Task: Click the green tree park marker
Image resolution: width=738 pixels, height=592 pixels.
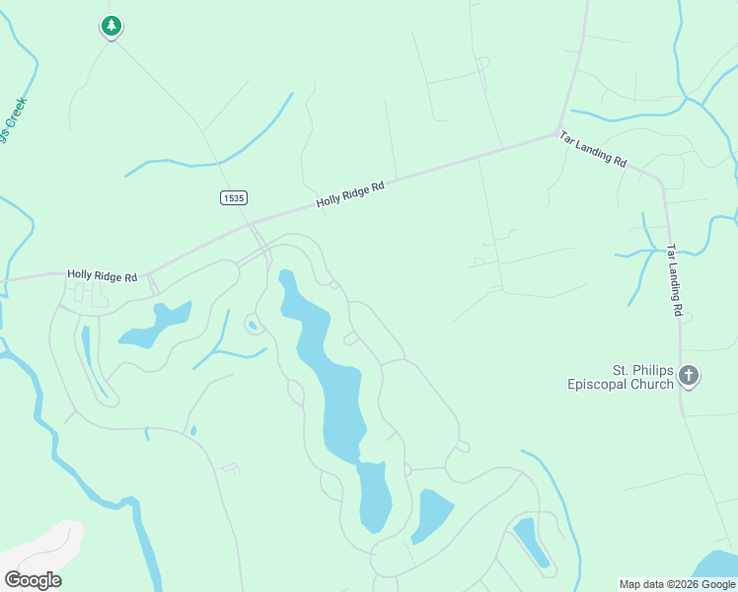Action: [x=111, y=26]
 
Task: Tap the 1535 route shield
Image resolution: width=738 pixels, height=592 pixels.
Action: [x=232, y=198]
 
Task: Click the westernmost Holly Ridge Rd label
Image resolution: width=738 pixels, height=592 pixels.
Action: [x=102, y=276]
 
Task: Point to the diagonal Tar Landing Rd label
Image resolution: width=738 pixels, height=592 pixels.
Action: [x=592, y=148]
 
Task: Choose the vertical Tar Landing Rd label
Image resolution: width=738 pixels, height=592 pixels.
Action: [x=674, y=280]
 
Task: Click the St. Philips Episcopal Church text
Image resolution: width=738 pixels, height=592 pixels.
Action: [x=621, y=377]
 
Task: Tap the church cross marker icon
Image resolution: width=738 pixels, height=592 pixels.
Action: [x=689, y=376]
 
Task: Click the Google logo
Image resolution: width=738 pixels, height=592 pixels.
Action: [x=33, y=580]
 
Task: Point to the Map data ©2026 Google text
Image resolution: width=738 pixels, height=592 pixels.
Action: [x=677, y=584]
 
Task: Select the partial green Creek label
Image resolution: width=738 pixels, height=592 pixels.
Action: [x=14, y=120]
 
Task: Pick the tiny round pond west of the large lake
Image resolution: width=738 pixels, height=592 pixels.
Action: [x=253, y=325]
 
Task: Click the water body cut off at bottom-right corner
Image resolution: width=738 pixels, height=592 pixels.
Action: [x=718, y=566]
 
